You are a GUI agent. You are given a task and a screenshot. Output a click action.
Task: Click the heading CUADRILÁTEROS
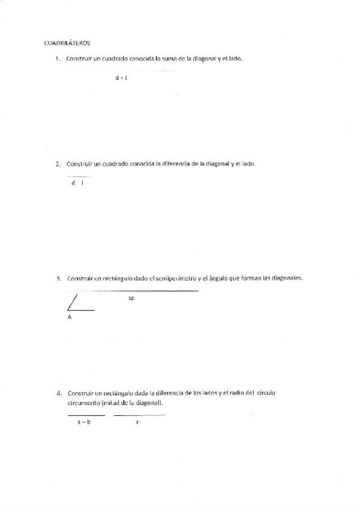pyautogui.click(x=67, y=43)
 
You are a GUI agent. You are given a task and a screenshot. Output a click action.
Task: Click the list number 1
pyautogui.click(x=58, y=58)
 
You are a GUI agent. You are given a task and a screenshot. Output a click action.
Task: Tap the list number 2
pyautogui.click(x=58, y=163)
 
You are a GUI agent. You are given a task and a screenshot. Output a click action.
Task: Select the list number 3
pyautogui.click(x=58, y=279)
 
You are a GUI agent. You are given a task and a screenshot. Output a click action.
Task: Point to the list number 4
pyautogui.click(x=58, y=394)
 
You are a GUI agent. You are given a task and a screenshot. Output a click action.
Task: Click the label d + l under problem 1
pyautogui.click(x=121, y=77)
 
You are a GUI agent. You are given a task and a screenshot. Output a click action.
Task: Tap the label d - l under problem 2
pyautogui.click(x=77, y=183)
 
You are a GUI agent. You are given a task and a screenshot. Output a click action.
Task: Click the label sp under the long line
pyautogui.click(x=131, y=298)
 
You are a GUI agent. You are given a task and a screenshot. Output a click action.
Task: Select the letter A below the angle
pyautogui.click(x=70, y=317)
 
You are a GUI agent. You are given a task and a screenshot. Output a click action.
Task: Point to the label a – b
pyautogui.click(x=84, y=423)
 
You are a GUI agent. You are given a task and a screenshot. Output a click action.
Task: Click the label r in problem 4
pyautogui.click(x=137, y=423)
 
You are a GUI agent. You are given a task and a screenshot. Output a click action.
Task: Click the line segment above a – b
pyautogui.click(x=86, y=415)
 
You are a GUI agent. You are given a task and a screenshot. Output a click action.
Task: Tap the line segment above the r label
pyautogui.click(x=139, y=415)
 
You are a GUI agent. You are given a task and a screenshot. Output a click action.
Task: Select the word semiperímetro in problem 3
pyautogui.click(x=176, y=279)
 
